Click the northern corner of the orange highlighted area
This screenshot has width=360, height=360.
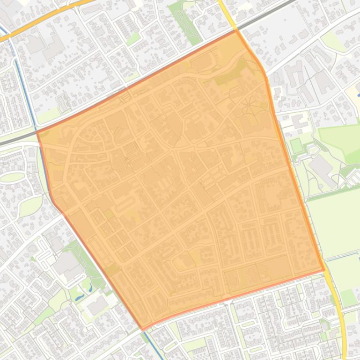pos(235,30)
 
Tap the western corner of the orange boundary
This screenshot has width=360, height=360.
pos(37,132)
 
